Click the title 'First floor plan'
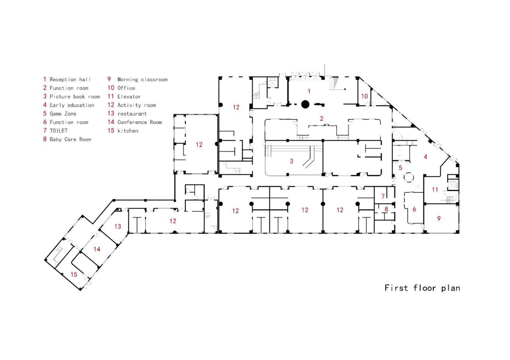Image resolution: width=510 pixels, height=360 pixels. click(x=422, y=288)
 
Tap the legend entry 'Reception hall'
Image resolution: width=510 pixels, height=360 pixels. click(x=70, y=80)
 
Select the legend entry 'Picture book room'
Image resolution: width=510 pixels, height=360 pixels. click(x=75, y=97)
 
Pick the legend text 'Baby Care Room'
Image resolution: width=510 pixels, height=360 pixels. click(x=70, y=139)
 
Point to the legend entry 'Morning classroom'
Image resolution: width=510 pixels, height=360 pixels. click(x=142, y=80)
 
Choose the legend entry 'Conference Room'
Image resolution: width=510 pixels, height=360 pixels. click(x=139, y=122)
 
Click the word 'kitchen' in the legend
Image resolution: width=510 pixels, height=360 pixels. click(x=127, y=131)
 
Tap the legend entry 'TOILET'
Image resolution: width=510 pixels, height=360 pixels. click(x=59, y=131)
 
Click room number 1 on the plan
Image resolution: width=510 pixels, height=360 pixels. click(x=309, y=91)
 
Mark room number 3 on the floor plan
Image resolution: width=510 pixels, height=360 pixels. click(x=292, y=161)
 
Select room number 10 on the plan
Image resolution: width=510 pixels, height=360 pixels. click(x=365, y=96)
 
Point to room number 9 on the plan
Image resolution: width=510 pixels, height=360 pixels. click(x=439, y=218)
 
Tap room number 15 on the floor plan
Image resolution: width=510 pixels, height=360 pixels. click(x=74, y=274)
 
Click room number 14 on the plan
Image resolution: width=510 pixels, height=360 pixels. click(x=97, y=249)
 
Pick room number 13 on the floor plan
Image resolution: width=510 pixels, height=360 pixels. click(x=118, y=227)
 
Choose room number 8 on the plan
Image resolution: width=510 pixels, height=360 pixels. click(x=386, y=209)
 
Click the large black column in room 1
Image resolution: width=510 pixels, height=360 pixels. click(x=305, y=104)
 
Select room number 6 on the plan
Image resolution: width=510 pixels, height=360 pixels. click(x=414, y=209)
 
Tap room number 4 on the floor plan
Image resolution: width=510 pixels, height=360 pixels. click(x=426, y=157)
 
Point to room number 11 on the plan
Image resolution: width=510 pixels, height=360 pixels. click(x=435, y=190)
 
